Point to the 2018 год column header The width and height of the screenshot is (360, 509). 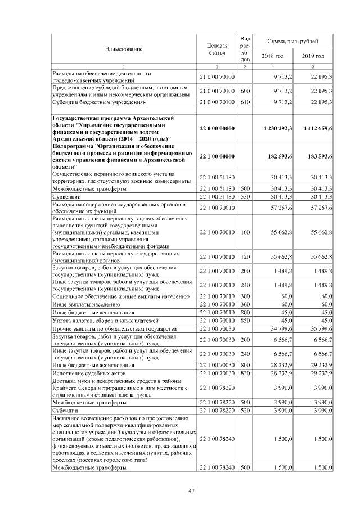coord(273,56)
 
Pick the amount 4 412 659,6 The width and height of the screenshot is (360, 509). coord(317,129)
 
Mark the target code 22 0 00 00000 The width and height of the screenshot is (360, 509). coord(217,129)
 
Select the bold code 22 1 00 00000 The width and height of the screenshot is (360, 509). coord(217,155)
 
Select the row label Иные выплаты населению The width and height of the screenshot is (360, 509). coord(82,304)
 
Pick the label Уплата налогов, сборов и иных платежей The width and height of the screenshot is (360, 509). coord(101,319)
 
